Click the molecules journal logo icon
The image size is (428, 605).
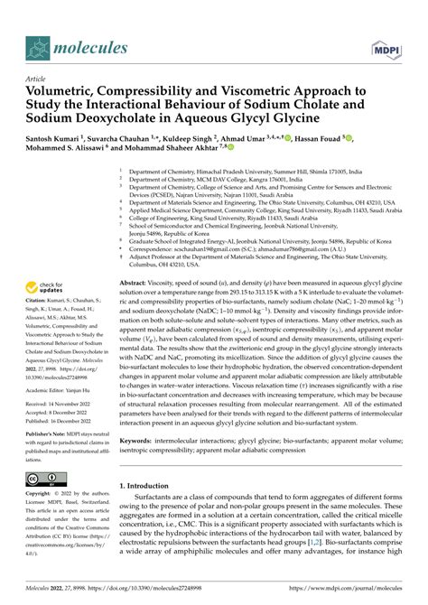click(x=37, y=45)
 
